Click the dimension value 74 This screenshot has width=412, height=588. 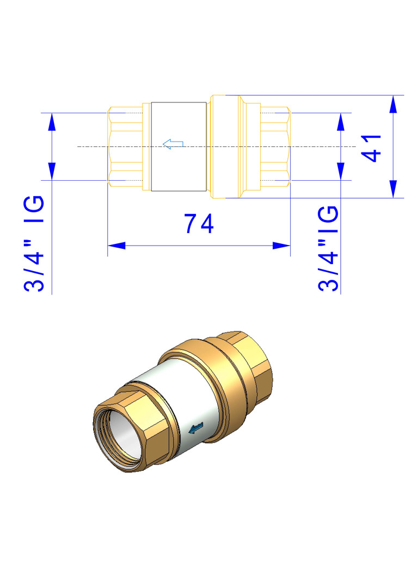199,224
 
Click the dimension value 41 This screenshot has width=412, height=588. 371,148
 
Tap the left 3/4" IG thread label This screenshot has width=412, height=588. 34,243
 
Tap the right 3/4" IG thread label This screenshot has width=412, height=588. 328,248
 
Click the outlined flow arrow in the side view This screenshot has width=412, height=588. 173,144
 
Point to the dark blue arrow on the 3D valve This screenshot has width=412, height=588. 196,427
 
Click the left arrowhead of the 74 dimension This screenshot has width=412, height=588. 116,246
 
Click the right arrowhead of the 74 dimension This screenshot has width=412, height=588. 281,246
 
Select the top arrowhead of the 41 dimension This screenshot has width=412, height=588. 393,104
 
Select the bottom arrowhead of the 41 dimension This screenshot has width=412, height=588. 393,189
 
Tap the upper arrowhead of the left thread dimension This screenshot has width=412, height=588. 52,121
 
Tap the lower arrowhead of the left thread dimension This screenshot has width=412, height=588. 52,171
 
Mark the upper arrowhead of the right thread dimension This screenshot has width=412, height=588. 340,121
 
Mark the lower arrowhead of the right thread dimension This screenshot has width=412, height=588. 340,171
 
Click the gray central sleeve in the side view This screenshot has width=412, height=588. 179,146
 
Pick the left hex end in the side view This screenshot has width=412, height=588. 125,146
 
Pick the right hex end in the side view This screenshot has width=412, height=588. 275,146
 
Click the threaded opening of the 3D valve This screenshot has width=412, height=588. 119,438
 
